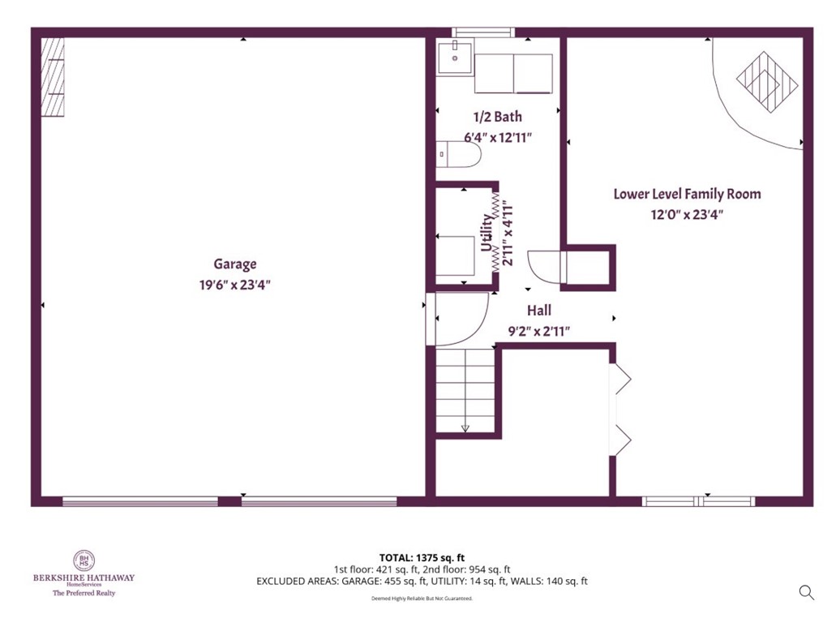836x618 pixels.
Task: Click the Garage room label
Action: [235, 264]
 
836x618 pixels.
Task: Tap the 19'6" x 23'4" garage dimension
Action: [235, 285]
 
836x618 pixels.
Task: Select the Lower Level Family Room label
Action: [687, 194]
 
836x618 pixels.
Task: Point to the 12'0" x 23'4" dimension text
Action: [687, 215]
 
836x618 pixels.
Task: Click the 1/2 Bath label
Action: [498, 117]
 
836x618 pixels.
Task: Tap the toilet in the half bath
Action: [458, 154]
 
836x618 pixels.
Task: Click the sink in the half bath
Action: [455, 58]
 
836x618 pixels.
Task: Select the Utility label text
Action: [487, 234]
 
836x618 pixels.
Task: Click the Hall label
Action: [539, 310]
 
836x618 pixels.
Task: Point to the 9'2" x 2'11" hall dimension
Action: [539, 331]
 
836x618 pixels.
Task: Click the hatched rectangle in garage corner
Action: [54, 77]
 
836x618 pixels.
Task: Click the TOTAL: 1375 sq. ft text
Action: [422, 557]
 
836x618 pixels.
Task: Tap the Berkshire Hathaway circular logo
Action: [84, 560]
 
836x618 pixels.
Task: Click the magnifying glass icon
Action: [806, 592]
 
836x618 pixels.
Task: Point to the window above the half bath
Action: [483, 33]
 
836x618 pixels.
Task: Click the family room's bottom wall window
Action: [698, 501]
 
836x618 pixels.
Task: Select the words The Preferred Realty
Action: [84, 593]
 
